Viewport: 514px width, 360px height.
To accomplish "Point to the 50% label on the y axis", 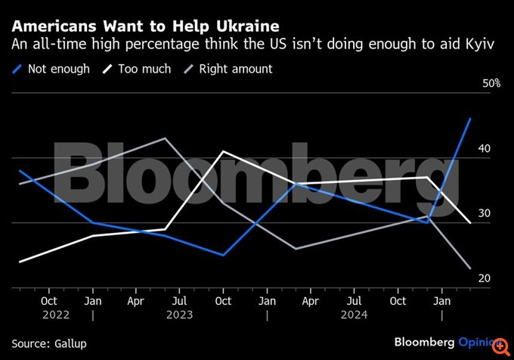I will click(491, 84).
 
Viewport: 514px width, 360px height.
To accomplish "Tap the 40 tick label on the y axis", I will click(485, 149).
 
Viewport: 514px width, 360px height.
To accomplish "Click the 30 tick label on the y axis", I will click(485, 214).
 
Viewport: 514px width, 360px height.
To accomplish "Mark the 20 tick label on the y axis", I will click(485, 279).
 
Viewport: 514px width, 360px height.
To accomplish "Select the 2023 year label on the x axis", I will click(179, 315).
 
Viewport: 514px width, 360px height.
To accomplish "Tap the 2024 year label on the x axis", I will click(354, 315).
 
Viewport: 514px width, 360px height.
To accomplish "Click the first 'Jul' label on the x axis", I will click(179, 300).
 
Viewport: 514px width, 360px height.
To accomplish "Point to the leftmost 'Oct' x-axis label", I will click(48, 300).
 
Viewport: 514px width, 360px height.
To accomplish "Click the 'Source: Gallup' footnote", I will click(49, 343).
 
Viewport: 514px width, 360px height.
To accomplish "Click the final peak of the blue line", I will click(471, 118).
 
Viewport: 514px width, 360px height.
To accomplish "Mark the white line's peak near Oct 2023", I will click(223, 151).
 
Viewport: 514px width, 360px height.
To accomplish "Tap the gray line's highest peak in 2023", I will click(166, 138).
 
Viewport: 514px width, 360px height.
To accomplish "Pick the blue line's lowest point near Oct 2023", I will click(223, 255).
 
